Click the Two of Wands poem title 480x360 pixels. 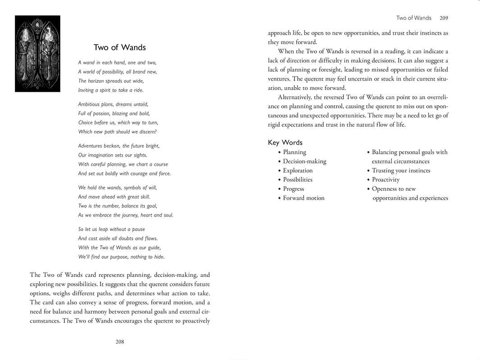(x=119, y=48)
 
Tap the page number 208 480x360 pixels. (x=120, y=342)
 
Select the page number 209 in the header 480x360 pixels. (x=444, y=18)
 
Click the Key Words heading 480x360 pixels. (x=285, y=143)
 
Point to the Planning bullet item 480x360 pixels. (x=294, y=152)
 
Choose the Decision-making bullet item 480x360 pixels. (x=304, y=161)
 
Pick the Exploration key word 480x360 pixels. (x=298, y=171)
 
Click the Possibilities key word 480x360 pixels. (x=297, y=180)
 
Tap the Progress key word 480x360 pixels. (x=293, y=189)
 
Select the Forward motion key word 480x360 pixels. (x=303, y=198)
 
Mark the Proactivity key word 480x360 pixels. (x=385, y=180)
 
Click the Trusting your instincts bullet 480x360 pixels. (x=401, y=171)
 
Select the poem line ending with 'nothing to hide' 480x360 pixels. (x=121, y=257)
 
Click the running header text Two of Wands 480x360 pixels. (x=413, y=18)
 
